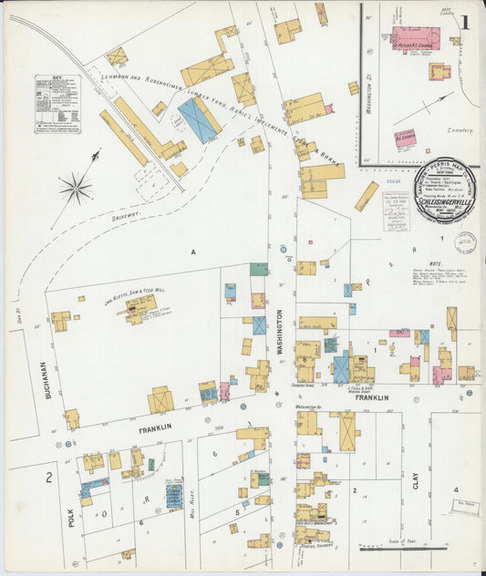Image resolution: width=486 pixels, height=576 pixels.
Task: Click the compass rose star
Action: tap(76, 189)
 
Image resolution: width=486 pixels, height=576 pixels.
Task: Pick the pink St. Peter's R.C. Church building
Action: tap(415, 39)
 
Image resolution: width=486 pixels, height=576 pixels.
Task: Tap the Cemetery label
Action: tap(460, 130)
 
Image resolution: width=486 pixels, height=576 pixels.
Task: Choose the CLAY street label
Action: tap(415, 498)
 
